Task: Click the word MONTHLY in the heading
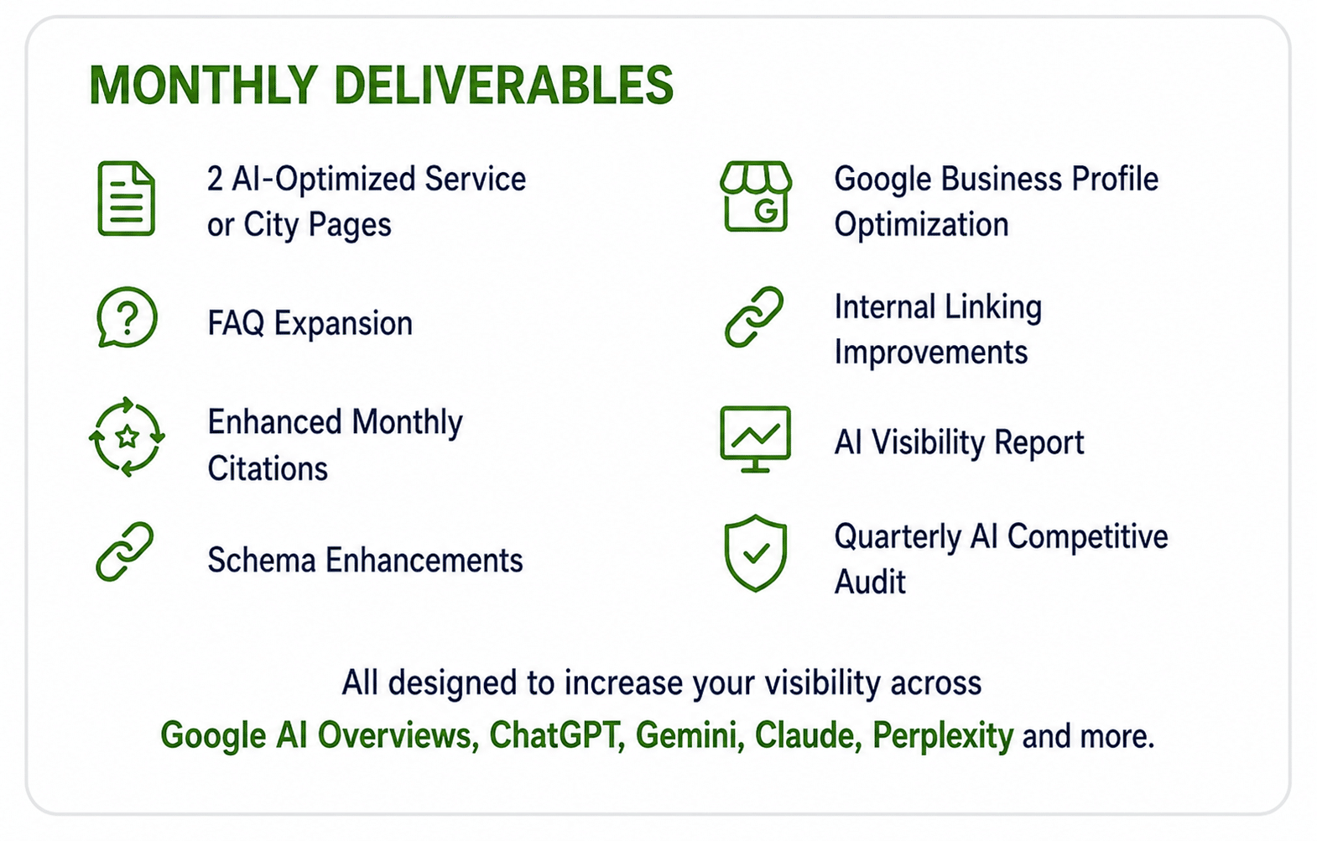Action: pyautogui.click(x=204, y=85)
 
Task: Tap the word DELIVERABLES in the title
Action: pyautogui.click(x=504, y=85)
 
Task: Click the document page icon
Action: pyautogui.click(x=126, y=199)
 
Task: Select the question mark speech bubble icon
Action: pyautogui.click(x=127, y=317)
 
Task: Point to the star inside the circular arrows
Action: pyautogui.click(x=127, y=437)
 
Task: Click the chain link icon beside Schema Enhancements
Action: pyautogui.click(x=125, y=551)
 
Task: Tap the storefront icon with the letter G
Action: pyautogui.click(x=756, y=196)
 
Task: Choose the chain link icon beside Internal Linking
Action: pyautogui.click(x=754, y=317)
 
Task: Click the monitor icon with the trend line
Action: pyautogui.click(x=756, y=439)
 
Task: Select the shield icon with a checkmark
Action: pyautogui.click(x=756, y=553)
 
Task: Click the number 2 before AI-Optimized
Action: pyautogui.click(x=216, y=179)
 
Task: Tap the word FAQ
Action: pyautogui.click(x=236, y=323)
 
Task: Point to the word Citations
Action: pyautogui.click(x=268, y=468)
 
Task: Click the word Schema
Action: pyautogui.click(x=263, y=560)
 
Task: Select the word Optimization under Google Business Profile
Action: pyautogui.click(x=921, y=225)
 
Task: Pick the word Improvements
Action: pyautogui.click(x=931, y=353)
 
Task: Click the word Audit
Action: pyautogui.click(x=870, y=582)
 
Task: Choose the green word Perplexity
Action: pyautogui.click(x=943, y=736)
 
